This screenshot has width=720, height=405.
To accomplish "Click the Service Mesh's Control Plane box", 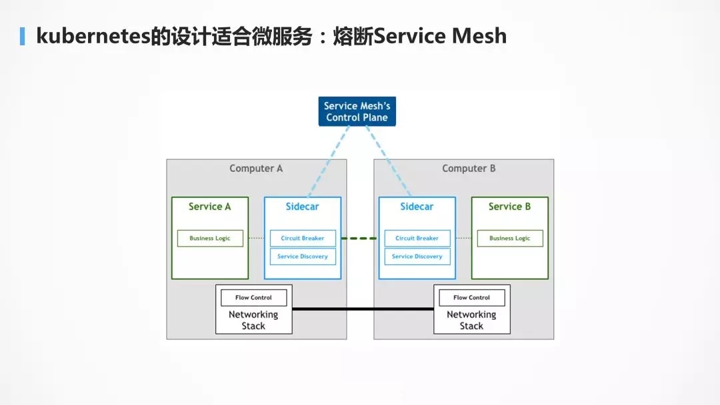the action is pyautogui.click(x=357, y=111).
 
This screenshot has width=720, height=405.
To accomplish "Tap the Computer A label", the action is pyautogui.click(x=256, y=169).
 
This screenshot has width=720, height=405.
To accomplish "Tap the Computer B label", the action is pyautogui.click(x=469, y=169).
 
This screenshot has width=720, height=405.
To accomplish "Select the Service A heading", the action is pyautogui.click(x=209, y=206).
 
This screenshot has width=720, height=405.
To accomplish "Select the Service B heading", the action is pyautogui.click(x=509, y=206).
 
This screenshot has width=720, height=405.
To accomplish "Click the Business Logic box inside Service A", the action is pyautogui.click(x=210, y=238).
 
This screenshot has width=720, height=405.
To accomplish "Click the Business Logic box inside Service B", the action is pyautogui.click(x=510, y=238).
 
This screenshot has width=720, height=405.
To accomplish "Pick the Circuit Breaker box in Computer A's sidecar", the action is pyautogui.click(x=303, y=238).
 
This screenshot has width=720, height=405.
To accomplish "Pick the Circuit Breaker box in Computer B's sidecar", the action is pyautogui.click(x=417, y=238).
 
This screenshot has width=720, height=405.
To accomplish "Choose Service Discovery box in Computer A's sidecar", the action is pyautogui.click(x=303, y=256).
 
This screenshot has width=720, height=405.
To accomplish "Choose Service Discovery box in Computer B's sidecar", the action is pyautogui.click(x=417, y=256).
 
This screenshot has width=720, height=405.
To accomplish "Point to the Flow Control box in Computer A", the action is pyautogui.click(x=253, y=298).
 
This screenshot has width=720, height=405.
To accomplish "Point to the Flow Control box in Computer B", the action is pyautogui.click(x=471, y=298).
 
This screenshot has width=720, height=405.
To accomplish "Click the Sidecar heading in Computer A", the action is pyautogui.click(x=302, y=206).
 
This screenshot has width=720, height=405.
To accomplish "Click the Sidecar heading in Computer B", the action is pyautogui.click(x=417, y=206).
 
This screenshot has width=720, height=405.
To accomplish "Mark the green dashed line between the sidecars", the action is pyautogui.click(x=359, y=238).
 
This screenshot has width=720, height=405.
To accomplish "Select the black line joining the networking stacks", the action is pyautogui.click(x=363, y=309).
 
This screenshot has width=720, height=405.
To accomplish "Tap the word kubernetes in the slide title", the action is pyautogui.click(x=94, y=36).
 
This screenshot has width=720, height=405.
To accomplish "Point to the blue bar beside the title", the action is pyautogui.click(x=22, y=36).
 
